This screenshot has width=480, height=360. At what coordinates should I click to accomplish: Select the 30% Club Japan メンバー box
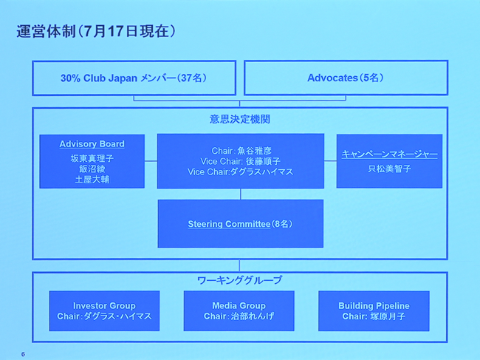[x=134, y=78]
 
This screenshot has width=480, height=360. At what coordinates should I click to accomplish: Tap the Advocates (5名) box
[x=346, y=78]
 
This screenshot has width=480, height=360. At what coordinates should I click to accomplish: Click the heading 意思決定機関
[x=240, y=118]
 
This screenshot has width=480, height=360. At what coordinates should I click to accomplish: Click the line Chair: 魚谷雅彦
[x=240, y=151]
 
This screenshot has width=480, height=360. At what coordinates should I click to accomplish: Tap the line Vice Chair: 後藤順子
[x=240, y=161]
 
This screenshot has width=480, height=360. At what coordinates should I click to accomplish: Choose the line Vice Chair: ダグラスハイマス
[x=240, y=172]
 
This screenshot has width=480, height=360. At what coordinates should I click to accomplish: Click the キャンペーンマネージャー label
[x=389, y=154]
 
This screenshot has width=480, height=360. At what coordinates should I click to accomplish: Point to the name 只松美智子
[x=389, y=169]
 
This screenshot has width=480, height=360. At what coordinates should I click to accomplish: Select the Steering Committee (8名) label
[x=240, y=223]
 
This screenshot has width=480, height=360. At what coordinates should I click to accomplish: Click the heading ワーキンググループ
[x=240, y=280]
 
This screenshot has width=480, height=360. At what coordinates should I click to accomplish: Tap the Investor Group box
[x=104, y=310]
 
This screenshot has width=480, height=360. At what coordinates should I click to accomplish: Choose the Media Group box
[x=239, y=310]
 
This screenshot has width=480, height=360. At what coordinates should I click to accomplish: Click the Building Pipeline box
[x=374, y=310]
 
